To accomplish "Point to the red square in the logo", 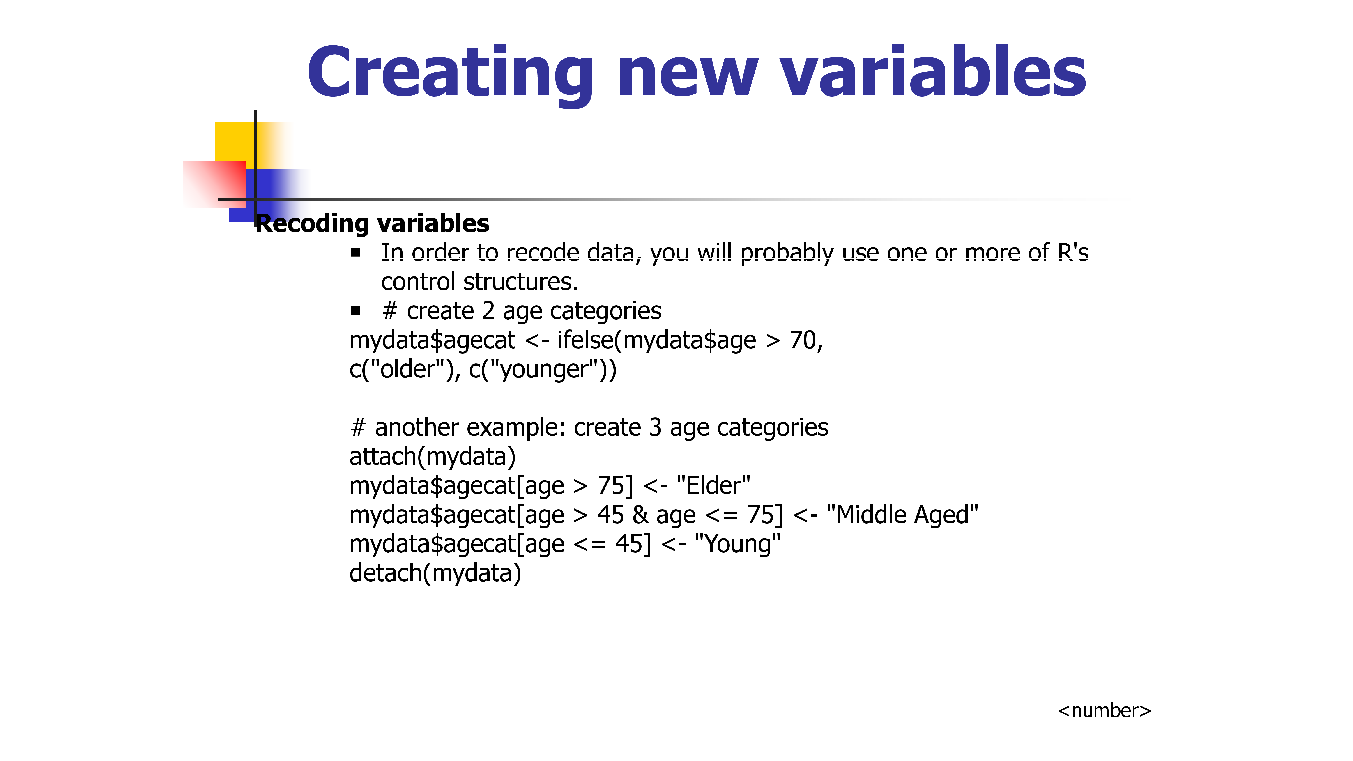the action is (x=214, y=184).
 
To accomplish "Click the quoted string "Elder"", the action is (x=713, y=485).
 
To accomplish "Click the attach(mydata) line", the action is (x=433, y=456).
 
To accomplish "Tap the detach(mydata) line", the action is (x=435, y=573).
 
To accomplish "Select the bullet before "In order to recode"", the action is (x=356, y=253).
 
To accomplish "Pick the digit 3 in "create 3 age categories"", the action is (x=655, y=428).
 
